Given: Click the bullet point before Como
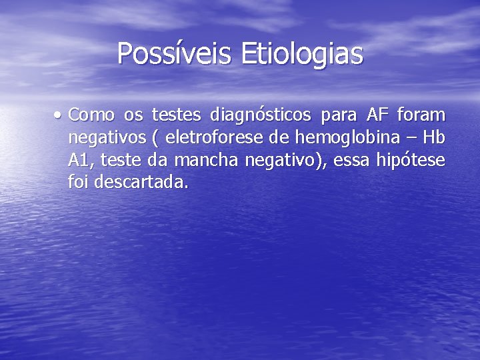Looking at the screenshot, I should pyautogui.click(x=59, y=115).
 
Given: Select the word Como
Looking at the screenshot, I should pyautogui.click(x=91, y=115).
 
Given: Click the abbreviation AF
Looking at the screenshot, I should pyautogui.click(x=377, y=115).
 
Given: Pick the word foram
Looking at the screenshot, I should pyautogui.click(x=421, y=115).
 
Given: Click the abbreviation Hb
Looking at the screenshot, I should pyautogui.click(x=434, y=138).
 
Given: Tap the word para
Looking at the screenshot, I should pyautogui.click(x=339, y=115).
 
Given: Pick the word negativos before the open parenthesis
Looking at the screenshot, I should pyautogui.click(x=106, y=138).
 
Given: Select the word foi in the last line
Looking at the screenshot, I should pyautogui.click(x=79, y=182).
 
